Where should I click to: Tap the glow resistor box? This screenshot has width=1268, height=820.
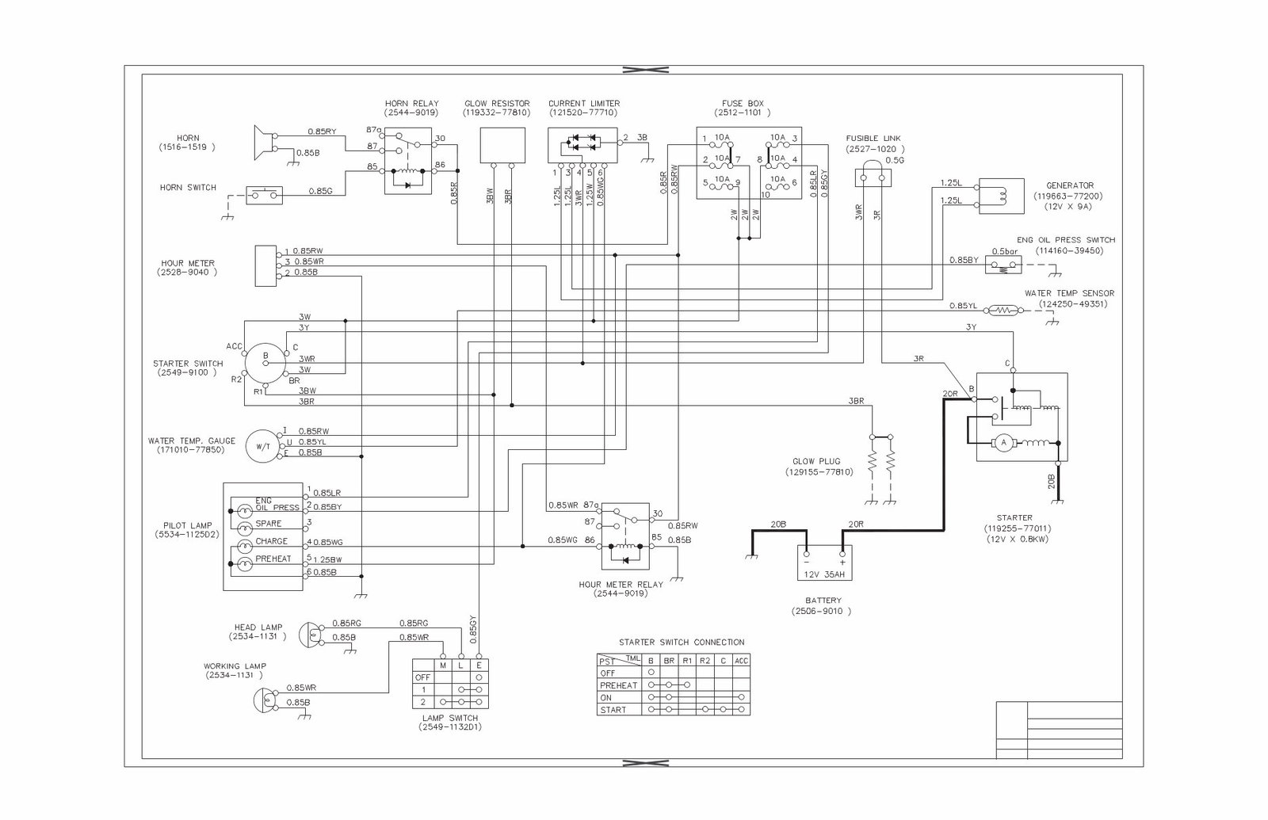502,145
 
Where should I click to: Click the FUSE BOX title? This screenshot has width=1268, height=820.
742,104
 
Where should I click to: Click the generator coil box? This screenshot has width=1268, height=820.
1002,195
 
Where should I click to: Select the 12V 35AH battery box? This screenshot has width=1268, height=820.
824,562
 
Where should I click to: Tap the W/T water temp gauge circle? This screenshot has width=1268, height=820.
262,447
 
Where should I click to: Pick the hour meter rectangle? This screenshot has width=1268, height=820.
265,265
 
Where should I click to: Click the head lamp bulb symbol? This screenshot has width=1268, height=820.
311,635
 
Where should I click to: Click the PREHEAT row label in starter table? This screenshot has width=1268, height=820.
617,685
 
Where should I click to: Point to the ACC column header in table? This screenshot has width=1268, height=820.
741,660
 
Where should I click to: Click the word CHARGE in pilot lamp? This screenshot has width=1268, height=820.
271,542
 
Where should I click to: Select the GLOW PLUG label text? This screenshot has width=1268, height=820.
815,461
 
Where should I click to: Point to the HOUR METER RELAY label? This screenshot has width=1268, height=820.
621,585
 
